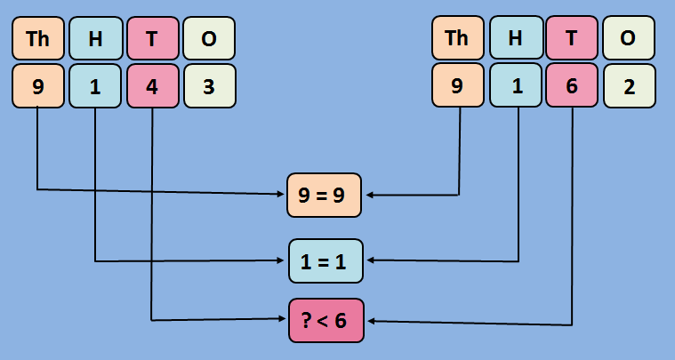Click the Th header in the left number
click(x=37, y=39)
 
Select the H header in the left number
click(x=94, y=39)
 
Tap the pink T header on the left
click(x=152, y=39)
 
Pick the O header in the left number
click(x=209, y=39)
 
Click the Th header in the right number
click(x=457, y=39)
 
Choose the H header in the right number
click(x=515, y=39)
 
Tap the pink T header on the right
click(x=572, y=39)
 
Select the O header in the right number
click(x=630, y=39)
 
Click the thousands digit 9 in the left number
click(x=37, y=88)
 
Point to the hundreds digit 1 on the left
click(x=94, y=88)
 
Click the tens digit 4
click(x=152, y=88)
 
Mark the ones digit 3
click(x=209, y=88)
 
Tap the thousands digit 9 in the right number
click(x=457, y=88)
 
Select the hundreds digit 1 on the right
click(x=515, y=88)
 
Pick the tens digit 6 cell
click(x=572, y=88)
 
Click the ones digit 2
click(x=630, y=88)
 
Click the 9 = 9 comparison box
click(x=325, y=195)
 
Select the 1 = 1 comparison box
click(x=325, y=260)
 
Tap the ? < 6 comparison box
click(x=325, y=320)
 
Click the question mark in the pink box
click(x=306, y=320)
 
